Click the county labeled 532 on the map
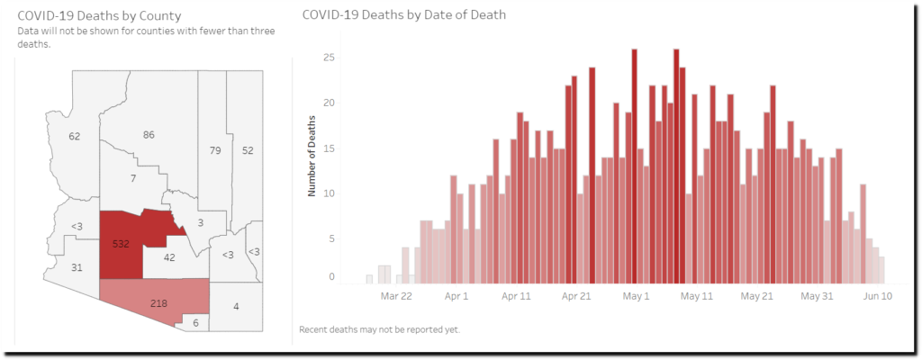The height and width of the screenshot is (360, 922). click(x=121, y=244)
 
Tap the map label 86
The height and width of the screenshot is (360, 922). click(x=149, y=135)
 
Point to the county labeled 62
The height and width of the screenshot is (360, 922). click(x=75, y=136)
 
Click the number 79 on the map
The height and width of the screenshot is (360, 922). click(x=215, y=150)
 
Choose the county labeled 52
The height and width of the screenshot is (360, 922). click(x=248, y=150)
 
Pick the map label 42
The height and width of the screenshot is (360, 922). click(x=169, y=257)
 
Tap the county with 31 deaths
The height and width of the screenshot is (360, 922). click(x=77, y=267)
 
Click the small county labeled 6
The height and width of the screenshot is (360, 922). click(x=195, y=322)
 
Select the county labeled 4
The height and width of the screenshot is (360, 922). click(x=236, y=307)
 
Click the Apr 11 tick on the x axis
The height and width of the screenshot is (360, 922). click(x=516, y=295)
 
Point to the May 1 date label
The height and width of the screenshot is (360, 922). click(x=636, y=295)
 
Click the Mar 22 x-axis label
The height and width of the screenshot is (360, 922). click(x=396, y=295)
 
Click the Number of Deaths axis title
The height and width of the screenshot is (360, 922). click(x=312, y=157)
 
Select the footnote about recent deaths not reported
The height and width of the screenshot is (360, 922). click(x=379, y=329)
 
